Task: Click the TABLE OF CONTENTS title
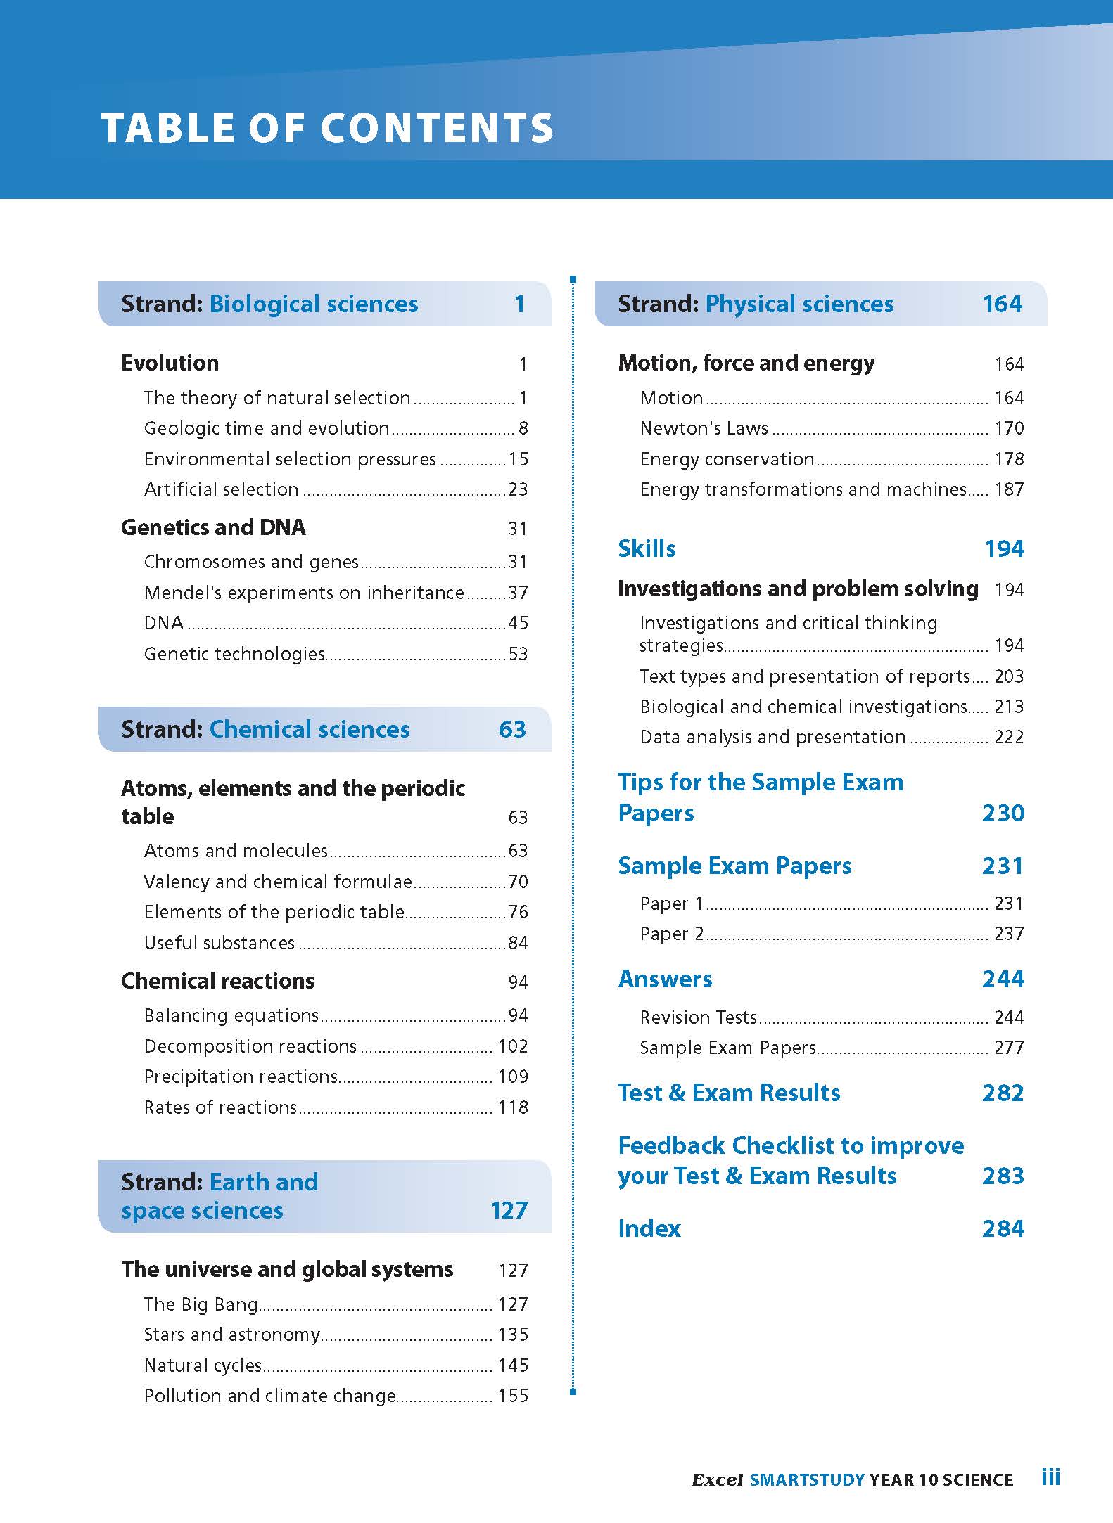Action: [x=327, y=128]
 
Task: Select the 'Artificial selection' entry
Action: [x=221, y=489]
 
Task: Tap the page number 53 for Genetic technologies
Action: [x=518, y=654]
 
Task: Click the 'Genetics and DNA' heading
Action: [x=213, y=527]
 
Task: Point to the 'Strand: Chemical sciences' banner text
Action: [x=265, y=729]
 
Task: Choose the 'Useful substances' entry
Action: [x=219, y=943]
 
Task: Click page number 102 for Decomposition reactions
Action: [x=513, y=1046]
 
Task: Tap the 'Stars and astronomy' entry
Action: [x=231, y=1335]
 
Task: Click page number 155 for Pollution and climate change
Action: [x=513, y=1396]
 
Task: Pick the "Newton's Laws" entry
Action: [x=704, y=428]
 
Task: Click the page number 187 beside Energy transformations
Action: [x=1009, y=489]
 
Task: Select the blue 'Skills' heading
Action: [x=647, y=548]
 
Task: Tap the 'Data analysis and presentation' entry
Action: [x=772, y=737]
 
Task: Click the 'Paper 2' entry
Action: [x=672, y=934]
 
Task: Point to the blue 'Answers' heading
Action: [x=665, y=979]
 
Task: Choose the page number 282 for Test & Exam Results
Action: [x=1003, y=1093]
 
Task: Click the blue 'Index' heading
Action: [x=649, y=1228]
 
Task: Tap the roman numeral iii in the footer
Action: [x=1050, y=1478]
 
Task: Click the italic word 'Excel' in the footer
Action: [x=717, y=1480]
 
